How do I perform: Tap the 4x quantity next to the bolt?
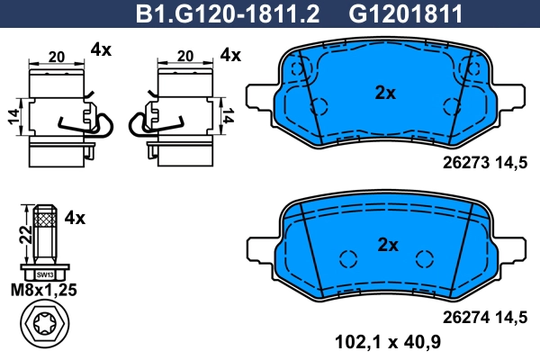click(x=75, y=217)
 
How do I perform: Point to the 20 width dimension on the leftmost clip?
click(x=56, y=57)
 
